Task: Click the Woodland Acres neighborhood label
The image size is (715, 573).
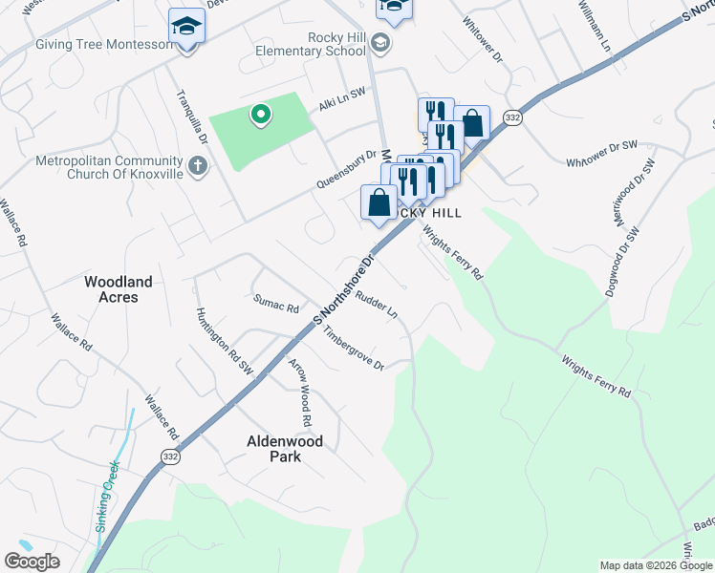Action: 118,289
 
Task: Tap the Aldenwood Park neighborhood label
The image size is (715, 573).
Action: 285,449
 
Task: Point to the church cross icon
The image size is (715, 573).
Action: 198,168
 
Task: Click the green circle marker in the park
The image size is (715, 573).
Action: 259,117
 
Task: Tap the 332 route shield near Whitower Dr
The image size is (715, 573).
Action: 513,117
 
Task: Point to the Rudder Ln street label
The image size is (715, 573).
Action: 376,305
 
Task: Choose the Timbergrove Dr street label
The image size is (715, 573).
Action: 353,350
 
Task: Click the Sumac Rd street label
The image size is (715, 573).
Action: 276,303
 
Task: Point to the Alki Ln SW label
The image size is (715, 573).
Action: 342,98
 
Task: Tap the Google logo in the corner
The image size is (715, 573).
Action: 32,562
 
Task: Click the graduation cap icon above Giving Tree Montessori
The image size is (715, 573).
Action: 187,26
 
